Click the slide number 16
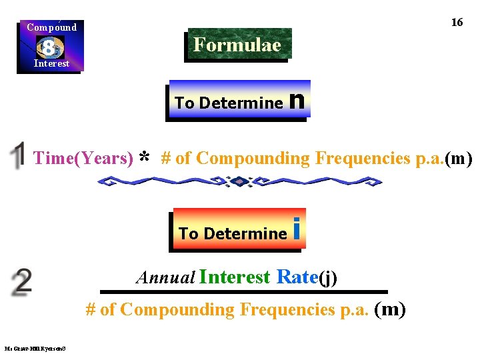[457, 22]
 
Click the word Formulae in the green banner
[237, 45]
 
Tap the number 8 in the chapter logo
[49, 47]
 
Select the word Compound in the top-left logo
[51, 27]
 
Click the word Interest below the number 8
[51, 63]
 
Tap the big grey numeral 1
[17, 155]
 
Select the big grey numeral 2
[21, 283]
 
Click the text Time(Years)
[83, 158]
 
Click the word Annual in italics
[165, 277]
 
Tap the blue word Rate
[297, 277]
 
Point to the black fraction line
[243, 291]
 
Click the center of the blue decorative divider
[239, 181]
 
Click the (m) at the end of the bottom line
[391, 309]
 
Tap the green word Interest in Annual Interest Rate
[234, 277]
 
